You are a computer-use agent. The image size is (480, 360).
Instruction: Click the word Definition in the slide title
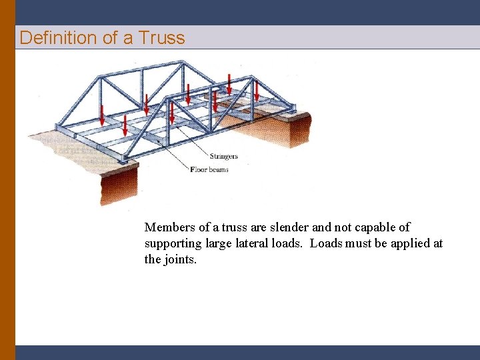[x=59, y=38]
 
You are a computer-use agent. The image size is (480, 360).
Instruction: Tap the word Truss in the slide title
[x=161, y=38]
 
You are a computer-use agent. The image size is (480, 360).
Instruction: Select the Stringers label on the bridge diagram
[x=224, y=157]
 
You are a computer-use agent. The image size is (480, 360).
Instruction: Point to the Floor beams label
[x=210, y=170]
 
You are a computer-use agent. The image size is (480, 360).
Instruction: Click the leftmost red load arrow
[x=102, y=114]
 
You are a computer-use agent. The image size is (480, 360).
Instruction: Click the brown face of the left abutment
[x=119, y=186]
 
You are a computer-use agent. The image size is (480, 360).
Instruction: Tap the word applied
[x=409, y=244]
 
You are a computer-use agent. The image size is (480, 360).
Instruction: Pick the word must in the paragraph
[x=357, y=244]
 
